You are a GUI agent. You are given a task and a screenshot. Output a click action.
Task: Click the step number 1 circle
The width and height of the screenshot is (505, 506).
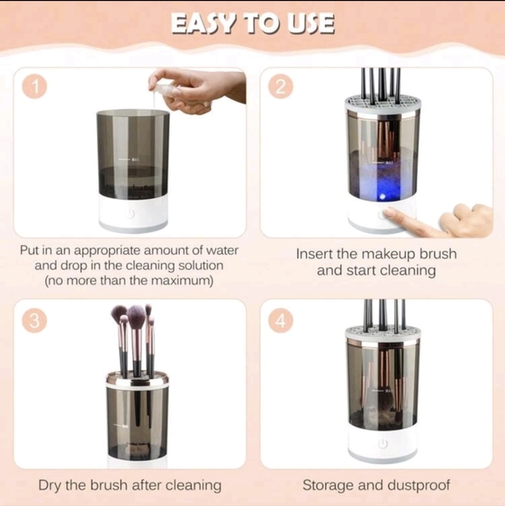pyautogui.click(x=34, y=87)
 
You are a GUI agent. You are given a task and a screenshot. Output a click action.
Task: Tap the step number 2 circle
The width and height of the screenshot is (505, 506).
pyautogui.click(x=281, y=87)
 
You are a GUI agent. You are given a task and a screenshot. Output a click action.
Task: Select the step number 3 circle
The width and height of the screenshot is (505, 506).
pyautogui.click(x=34, y=320)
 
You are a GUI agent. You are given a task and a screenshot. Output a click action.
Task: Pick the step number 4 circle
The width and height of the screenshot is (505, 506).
pyautogui.click(x=281, y=320)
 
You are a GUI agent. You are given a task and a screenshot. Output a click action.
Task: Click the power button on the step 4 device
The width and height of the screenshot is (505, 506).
pyautogui.click(x=382, y=443)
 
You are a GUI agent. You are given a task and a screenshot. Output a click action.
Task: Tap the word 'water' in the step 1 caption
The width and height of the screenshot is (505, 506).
pyautogui.click(x=219, y=251)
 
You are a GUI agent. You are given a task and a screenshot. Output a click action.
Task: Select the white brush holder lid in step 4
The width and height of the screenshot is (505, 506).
pyautogui.click(x=382, y=333)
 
